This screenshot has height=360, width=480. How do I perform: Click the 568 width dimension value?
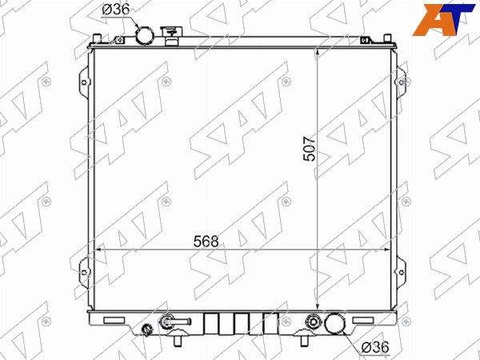tap(206, 242)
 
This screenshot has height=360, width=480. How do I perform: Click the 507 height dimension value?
tap(309, 149)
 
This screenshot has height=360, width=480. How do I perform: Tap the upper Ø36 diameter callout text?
tap(116, 10)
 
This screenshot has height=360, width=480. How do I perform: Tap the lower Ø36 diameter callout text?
tap(375, 347)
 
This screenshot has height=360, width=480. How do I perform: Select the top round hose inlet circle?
tap(145, 35)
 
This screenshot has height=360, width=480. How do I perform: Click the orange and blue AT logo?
tap(443, 20)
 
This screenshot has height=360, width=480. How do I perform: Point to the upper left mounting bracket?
tap(84, 82)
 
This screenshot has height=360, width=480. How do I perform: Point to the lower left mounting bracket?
tap(84, 272)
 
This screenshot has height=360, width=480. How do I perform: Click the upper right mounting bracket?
tap(401, 82)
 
